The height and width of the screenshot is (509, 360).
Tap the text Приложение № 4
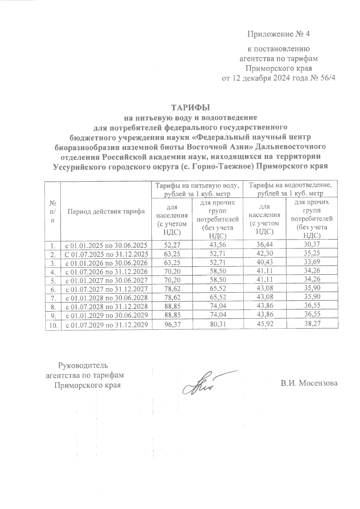[x=278, y=34]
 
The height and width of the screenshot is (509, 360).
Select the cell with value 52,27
[x=171, y=245]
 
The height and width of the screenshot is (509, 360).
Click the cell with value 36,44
[x=265, y=245]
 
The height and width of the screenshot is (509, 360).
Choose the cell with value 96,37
[x=171, y=325]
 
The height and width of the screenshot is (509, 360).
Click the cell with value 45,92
[x=265, y=325]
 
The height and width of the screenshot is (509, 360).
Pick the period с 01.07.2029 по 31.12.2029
[x=106, y=325]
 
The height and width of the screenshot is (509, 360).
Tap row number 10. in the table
[x=53, y=325]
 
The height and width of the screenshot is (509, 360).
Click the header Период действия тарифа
[x=106, y=211]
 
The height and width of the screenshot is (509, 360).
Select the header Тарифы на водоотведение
[x=290, y=185]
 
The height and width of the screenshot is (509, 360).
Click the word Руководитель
[x=83, y=365]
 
